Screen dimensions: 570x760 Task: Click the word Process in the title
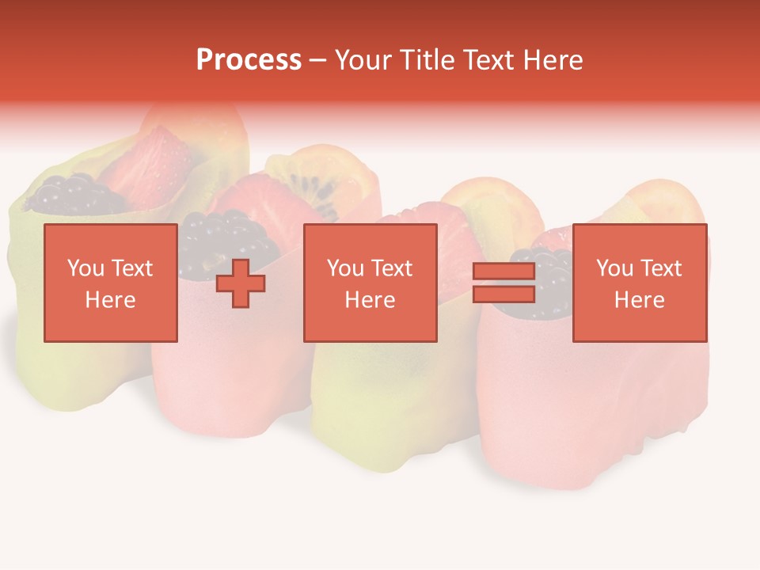(249, 60)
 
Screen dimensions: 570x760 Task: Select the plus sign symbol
(241, 283)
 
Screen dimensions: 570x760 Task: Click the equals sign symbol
(503, 283)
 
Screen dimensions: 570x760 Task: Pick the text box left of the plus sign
(111, 283)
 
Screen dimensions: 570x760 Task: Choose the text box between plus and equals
(370, 283)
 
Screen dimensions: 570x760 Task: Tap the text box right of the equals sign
(640, 283)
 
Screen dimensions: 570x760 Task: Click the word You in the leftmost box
(84, 268)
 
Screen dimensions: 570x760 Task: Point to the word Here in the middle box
(370, 300)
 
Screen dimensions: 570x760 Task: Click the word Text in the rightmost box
(661, 268)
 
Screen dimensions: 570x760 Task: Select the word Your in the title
(361, 60)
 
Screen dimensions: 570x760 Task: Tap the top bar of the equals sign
(503, 272)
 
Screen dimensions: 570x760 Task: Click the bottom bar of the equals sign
(503, 294)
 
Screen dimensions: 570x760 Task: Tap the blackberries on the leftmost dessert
(67, 194)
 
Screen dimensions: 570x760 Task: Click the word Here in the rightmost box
(640, 300)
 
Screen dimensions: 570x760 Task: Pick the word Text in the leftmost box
(132, 268)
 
